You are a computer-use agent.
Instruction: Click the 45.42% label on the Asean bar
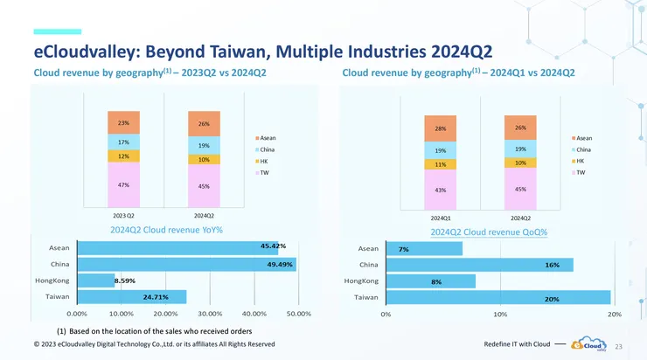point(274,246)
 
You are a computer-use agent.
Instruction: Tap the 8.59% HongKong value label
point(101,280)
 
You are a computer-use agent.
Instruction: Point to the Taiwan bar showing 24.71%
point(131,297)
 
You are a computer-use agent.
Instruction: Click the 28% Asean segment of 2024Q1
point(440,128)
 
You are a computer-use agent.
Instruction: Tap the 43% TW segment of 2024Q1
point(440,189)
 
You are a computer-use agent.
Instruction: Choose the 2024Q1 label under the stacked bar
point(440,217)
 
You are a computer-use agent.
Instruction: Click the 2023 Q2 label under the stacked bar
point(123,215)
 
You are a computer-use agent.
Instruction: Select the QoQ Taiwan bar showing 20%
point(497,298)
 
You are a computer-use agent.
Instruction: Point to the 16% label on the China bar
point(552,265)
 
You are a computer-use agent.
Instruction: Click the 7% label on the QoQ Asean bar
point(404,249)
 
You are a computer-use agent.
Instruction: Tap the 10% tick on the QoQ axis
point(500,314)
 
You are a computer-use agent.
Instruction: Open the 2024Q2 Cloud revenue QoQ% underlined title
point(489,232)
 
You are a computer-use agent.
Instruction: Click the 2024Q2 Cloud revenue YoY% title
point(166,230)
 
